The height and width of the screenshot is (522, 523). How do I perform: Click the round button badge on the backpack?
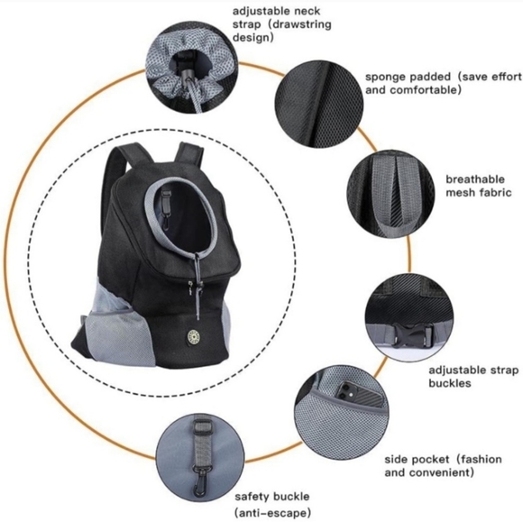point(192,334)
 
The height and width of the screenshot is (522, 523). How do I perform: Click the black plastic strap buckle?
point(413,334)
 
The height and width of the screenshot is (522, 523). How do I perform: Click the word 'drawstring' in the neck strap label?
point(300,24)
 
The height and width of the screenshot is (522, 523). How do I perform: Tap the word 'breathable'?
point(474,179)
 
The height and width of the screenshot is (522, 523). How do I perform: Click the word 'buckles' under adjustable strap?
point(450,382)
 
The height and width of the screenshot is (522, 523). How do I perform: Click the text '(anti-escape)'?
point(273,512)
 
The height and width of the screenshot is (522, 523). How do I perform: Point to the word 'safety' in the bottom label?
point(252,497)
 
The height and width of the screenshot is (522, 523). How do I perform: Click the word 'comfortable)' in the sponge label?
point(426,90)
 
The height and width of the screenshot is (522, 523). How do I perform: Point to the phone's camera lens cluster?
point(344,391)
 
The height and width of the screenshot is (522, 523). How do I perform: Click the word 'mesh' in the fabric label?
point(460,193)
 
